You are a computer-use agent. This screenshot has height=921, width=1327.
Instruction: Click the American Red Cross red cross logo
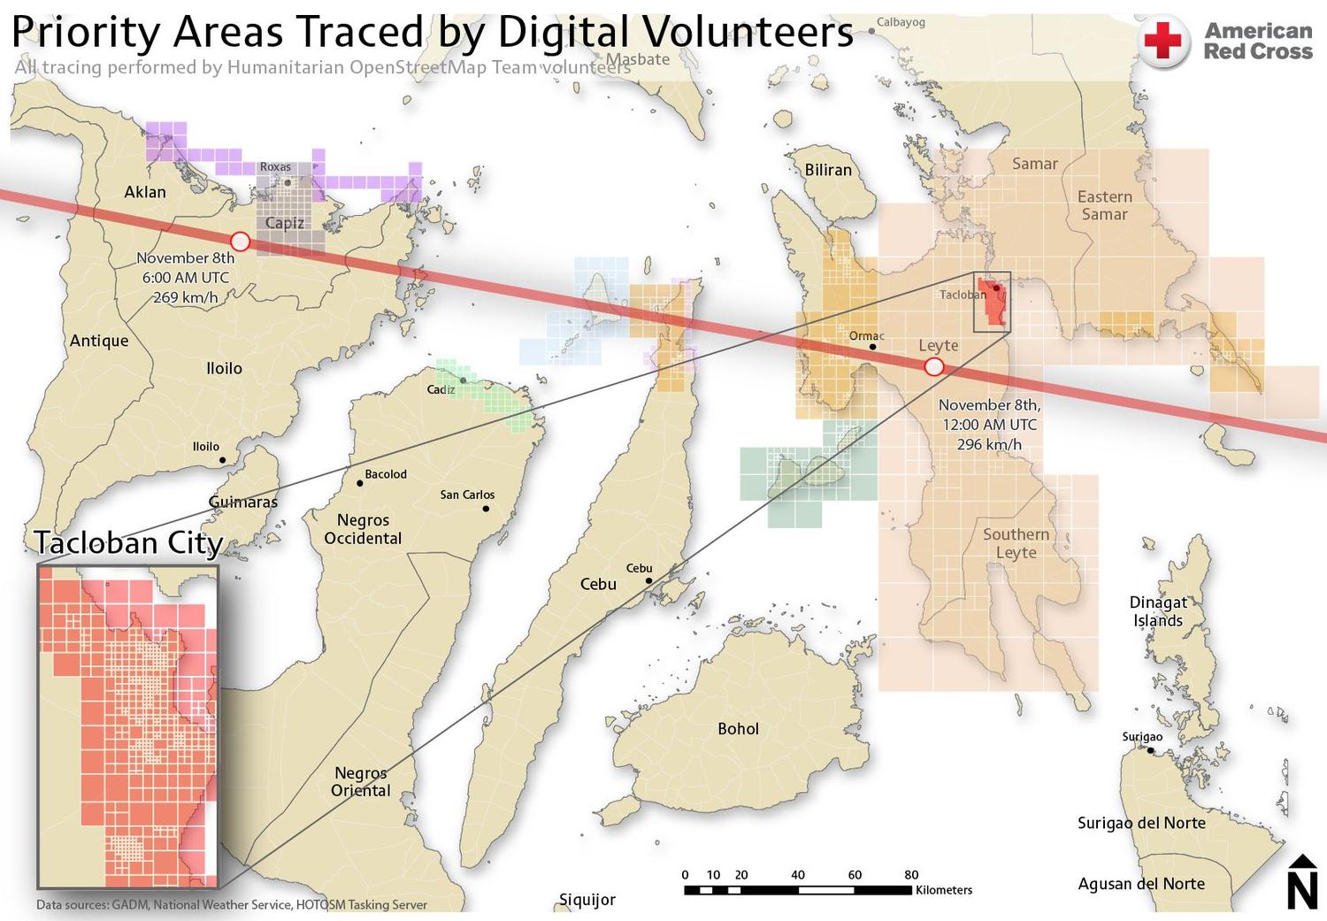click(1163, 41)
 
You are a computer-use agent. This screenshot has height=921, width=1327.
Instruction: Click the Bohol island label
click(738, 729)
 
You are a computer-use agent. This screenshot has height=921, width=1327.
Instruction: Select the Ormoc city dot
click(873, 347)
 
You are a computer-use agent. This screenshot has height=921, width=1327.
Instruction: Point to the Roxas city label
click(275, 166)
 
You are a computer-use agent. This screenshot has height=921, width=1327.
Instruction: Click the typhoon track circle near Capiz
click(240, 242)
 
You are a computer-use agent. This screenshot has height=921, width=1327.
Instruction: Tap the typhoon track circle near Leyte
click(933, 366)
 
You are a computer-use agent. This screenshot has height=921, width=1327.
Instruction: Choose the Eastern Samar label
click(1104, 205)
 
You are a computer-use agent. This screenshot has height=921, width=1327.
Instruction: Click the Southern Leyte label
click(1016, 543)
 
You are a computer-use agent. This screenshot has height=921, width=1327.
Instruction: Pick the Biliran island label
click(828, 170)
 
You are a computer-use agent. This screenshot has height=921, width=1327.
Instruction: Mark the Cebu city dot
click(649, 581)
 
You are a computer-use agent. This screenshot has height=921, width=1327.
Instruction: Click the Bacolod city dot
click(360, 483)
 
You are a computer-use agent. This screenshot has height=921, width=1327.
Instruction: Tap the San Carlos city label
click(467, 495)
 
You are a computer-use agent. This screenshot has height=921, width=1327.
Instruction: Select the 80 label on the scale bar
click(911, 875)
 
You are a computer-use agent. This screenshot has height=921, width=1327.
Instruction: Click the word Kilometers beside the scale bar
click(944, 890)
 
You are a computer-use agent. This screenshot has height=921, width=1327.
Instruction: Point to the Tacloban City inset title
click(128, 542)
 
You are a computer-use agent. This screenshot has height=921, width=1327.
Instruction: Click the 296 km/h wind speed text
click(989, 444)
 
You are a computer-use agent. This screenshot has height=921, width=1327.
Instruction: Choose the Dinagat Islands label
click(1158, 611)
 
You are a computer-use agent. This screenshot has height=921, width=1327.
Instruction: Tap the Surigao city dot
click(1150, 750)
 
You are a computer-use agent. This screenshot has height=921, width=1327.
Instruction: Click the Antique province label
click(99, 341)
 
